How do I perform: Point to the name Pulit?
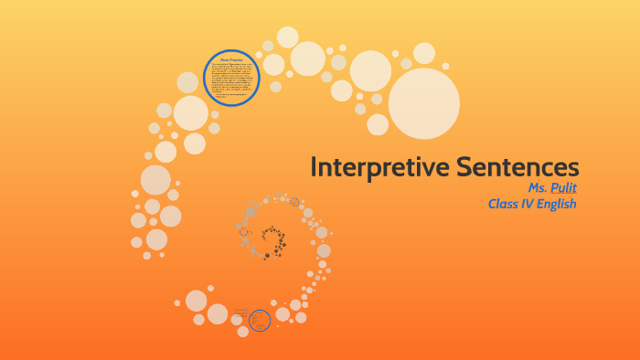pyautogui.click(x=561, y=187)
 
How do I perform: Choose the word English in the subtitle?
pyautogui.click(x=560, y=205)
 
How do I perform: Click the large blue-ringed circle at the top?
pyautogui.click(x=231, y=79)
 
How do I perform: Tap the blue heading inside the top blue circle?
pyautogui.click(x=231, y=59)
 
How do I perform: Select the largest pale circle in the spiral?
pyautogui.click(x=423, y=103)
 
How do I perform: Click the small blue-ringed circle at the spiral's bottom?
pyautogui.click(x=260, y=320)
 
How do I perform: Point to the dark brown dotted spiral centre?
pyautogui.click(x=272, y=239)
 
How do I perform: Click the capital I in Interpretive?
pyautogui.click(x=314, y=167)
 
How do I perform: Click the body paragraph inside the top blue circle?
pyautogui.click(x=231, y=80)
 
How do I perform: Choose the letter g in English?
pyautogui.click(x=557, y=206)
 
